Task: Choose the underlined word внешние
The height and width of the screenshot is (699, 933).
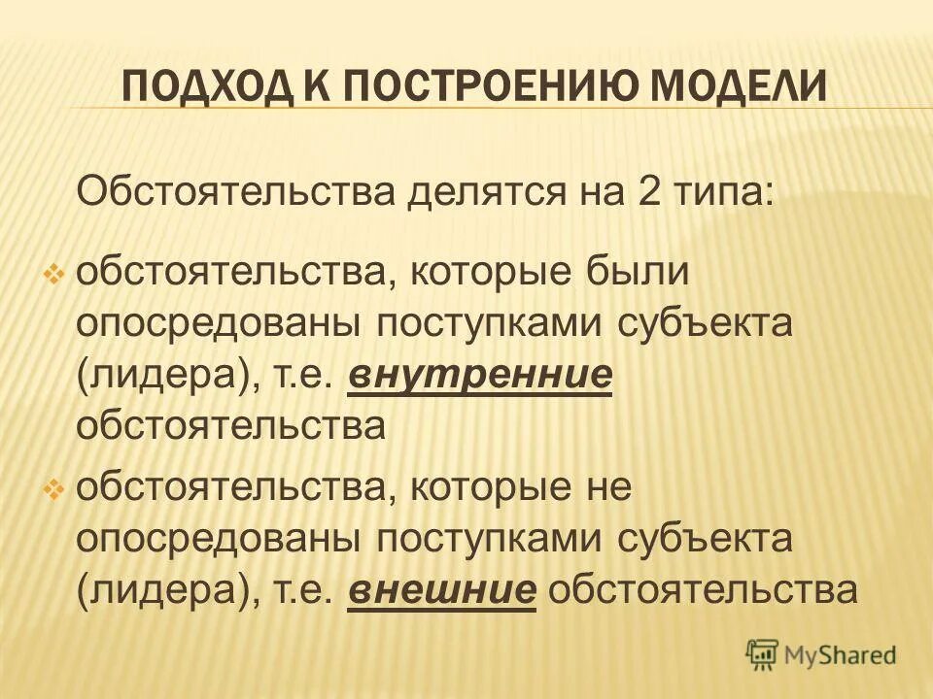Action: [x=442, y=588]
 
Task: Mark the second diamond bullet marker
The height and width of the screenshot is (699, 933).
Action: [x=54, y=489]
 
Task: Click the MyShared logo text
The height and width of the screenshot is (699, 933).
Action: [x=841, y=656]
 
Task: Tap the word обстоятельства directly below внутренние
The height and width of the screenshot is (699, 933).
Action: [x=232, y=427]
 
